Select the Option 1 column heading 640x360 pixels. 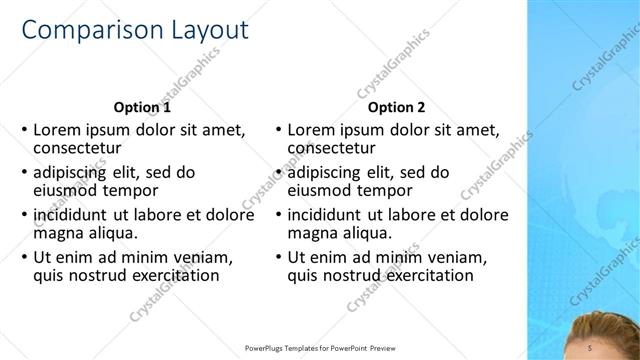click(142, 108)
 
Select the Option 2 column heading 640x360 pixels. click(396, 108)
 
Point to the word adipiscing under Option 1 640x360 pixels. click(77, 172)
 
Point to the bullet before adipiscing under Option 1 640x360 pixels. click(24, 172)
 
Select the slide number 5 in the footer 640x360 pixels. click(591, 347)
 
